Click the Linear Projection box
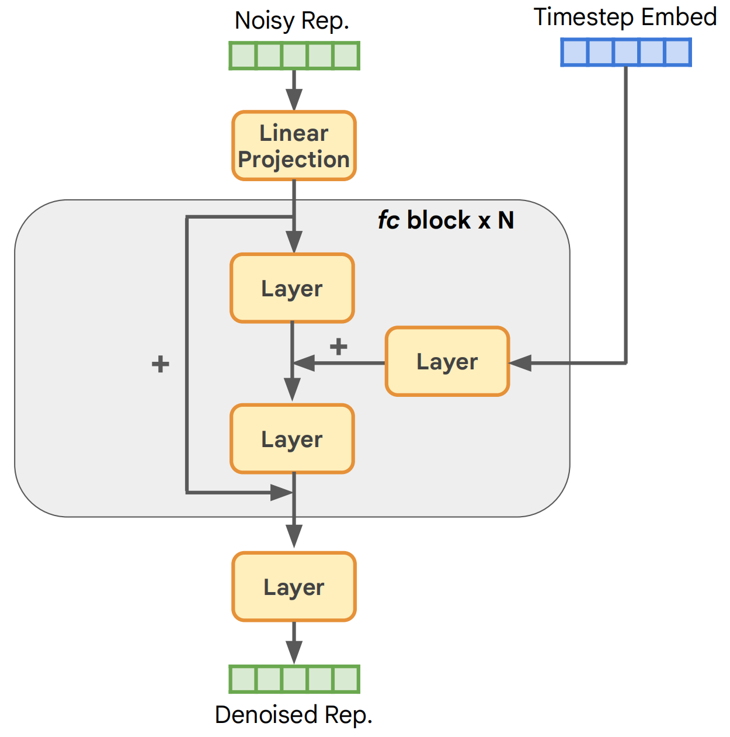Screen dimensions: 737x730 294,146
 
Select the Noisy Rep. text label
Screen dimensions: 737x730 292,21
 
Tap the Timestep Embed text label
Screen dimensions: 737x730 625,17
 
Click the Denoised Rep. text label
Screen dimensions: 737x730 294,715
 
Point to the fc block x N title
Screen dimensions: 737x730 446,220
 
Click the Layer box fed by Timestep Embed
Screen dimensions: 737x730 447,362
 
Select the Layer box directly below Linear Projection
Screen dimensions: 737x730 292,288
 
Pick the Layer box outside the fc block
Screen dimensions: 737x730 294,587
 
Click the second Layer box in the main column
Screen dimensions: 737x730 292,439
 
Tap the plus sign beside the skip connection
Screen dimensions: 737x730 160,364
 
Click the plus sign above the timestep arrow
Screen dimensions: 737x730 338,346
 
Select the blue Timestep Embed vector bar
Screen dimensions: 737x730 626,52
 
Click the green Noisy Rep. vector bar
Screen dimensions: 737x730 294,56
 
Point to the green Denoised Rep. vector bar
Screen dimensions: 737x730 294,679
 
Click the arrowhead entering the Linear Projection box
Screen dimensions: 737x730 294,100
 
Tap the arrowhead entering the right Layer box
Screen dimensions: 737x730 520,363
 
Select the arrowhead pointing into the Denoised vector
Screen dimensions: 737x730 294,652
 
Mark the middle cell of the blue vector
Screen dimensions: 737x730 626,52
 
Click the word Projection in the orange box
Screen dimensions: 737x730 294,160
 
